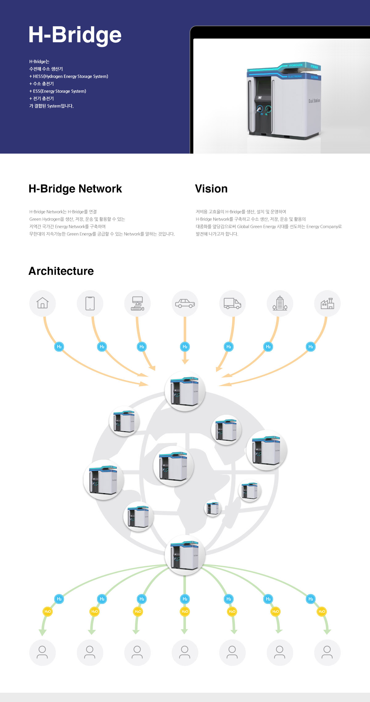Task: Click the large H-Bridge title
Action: (x=75, y=35)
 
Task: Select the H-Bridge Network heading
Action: (x=75, y=189)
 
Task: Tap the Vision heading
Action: (x=211, y=189)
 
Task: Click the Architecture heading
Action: (x=61, y=271)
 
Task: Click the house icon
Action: (x=43, y=303)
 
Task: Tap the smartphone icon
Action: (x=90, y=303)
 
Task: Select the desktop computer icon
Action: (x=138, y=303)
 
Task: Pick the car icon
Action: (x=185, y=303)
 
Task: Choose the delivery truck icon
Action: (x=232, y=303)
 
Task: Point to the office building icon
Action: (x=280, y=303)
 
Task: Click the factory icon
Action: (x=327, y=303)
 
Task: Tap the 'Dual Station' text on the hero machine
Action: (x=314, y=101)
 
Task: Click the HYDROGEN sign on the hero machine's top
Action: (x=295, y=65)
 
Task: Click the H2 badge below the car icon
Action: (x=185, y=347)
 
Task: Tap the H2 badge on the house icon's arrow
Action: (x=59, y=347)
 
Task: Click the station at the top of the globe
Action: (x=185, y=391)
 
